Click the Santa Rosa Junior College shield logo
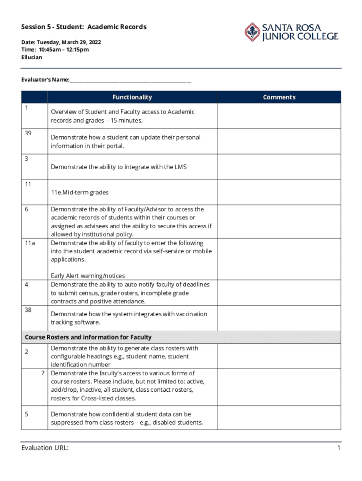pyautogui.click(x=252, y=31)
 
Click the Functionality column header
pyautogui.click(x=132, y=97)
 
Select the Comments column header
pyautogui.click(x=279, y=97)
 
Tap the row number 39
pyautogui.click(x=28, y=133)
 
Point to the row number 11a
pyautogui.click(x=30, y=243)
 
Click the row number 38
pyautogui.click(x=28, y=310)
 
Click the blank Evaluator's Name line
pyautogui.click(x=130, y=80)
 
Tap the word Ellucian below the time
pyautogui.click(x=31, y=57)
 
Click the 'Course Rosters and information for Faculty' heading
pyautogui.click(x=88, y=337)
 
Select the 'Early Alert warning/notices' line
pyautogui.click(x=88, y=276)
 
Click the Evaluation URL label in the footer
pyautogui.click(x=45, y=448)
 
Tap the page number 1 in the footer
pyautogui.click(x=338, y=448)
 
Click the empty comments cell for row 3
pyautogui.click(x=279, y=167)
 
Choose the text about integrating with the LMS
pyautogui.click(x=118, y=167)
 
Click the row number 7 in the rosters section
pyautogui.click(x=42, y=373)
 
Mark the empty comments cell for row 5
pyautogui.click(x=279, y=418)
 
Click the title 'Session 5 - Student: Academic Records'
pyautogui.click(x=84, y=27)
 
